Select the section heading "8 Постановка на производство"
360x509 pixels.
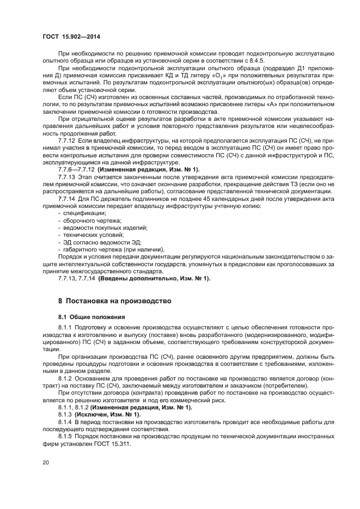coord(115,301)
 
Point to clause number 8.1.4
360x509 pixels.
coord(66,422)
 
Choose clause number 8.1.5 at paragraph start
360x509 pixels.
coord(66,436)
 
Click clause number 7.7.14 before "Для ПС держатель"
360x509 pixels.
coord(68,200)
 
